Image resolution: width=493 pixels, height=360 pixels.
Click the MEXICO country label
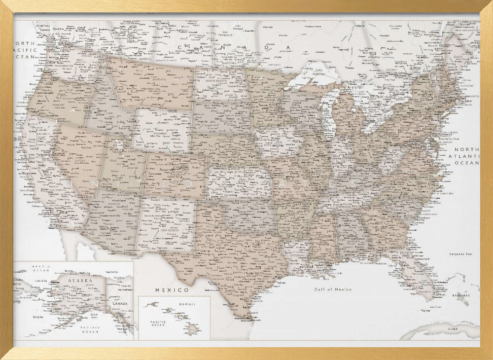(x=172, y=290)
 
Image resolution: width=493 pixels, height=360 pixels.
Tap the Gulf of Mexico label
(x=333, y=289)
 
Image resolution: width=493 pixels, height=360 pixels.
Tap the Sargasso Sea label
(x=460, y=253)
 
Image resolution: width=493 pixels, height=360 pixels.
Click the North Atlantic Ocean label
(x=466, y=156)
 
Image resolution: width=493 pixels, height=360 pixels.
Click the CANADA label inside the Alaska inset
(x=123, y=304)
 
